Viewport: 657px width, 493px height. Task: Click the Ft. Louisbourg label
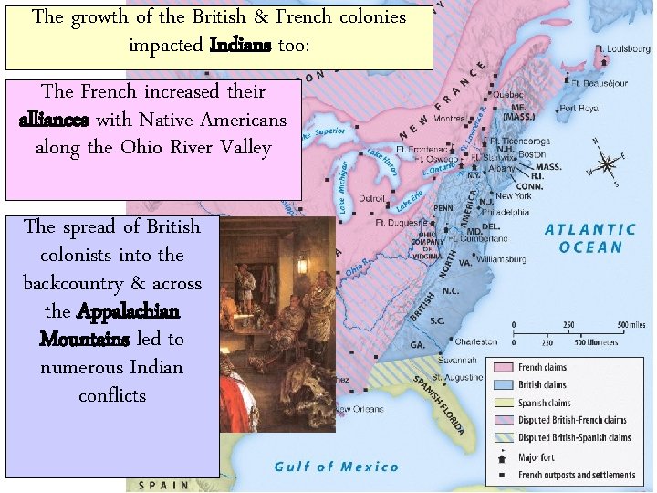click(x=624, y=47)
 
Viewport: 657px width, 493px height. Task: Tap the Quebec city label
click(x=507, y=94)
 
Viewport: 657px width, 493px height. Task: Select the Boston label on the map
click(x=533, y=154)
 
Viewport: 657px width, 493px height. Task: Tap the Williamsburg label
click(x=502, y=259)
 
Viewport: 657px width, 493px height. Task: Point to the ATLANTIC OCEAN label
click(x=590, y=238)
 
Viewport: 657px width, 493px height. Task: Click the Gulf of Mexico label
click(x=338, y=467)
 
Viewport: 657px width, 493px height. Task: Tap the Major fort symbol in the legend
click(x=504, y=457)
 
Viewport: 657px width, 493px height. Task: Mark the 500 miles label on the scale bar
click(x=631, y=325)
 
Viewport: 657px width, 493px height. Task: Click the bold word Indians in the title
click(x=241, y=45)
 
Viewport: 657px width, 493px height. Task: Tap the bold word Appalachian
click(x=128, y=311)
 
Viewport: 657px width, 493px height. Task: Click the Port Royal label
click(x=579, y=109)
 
